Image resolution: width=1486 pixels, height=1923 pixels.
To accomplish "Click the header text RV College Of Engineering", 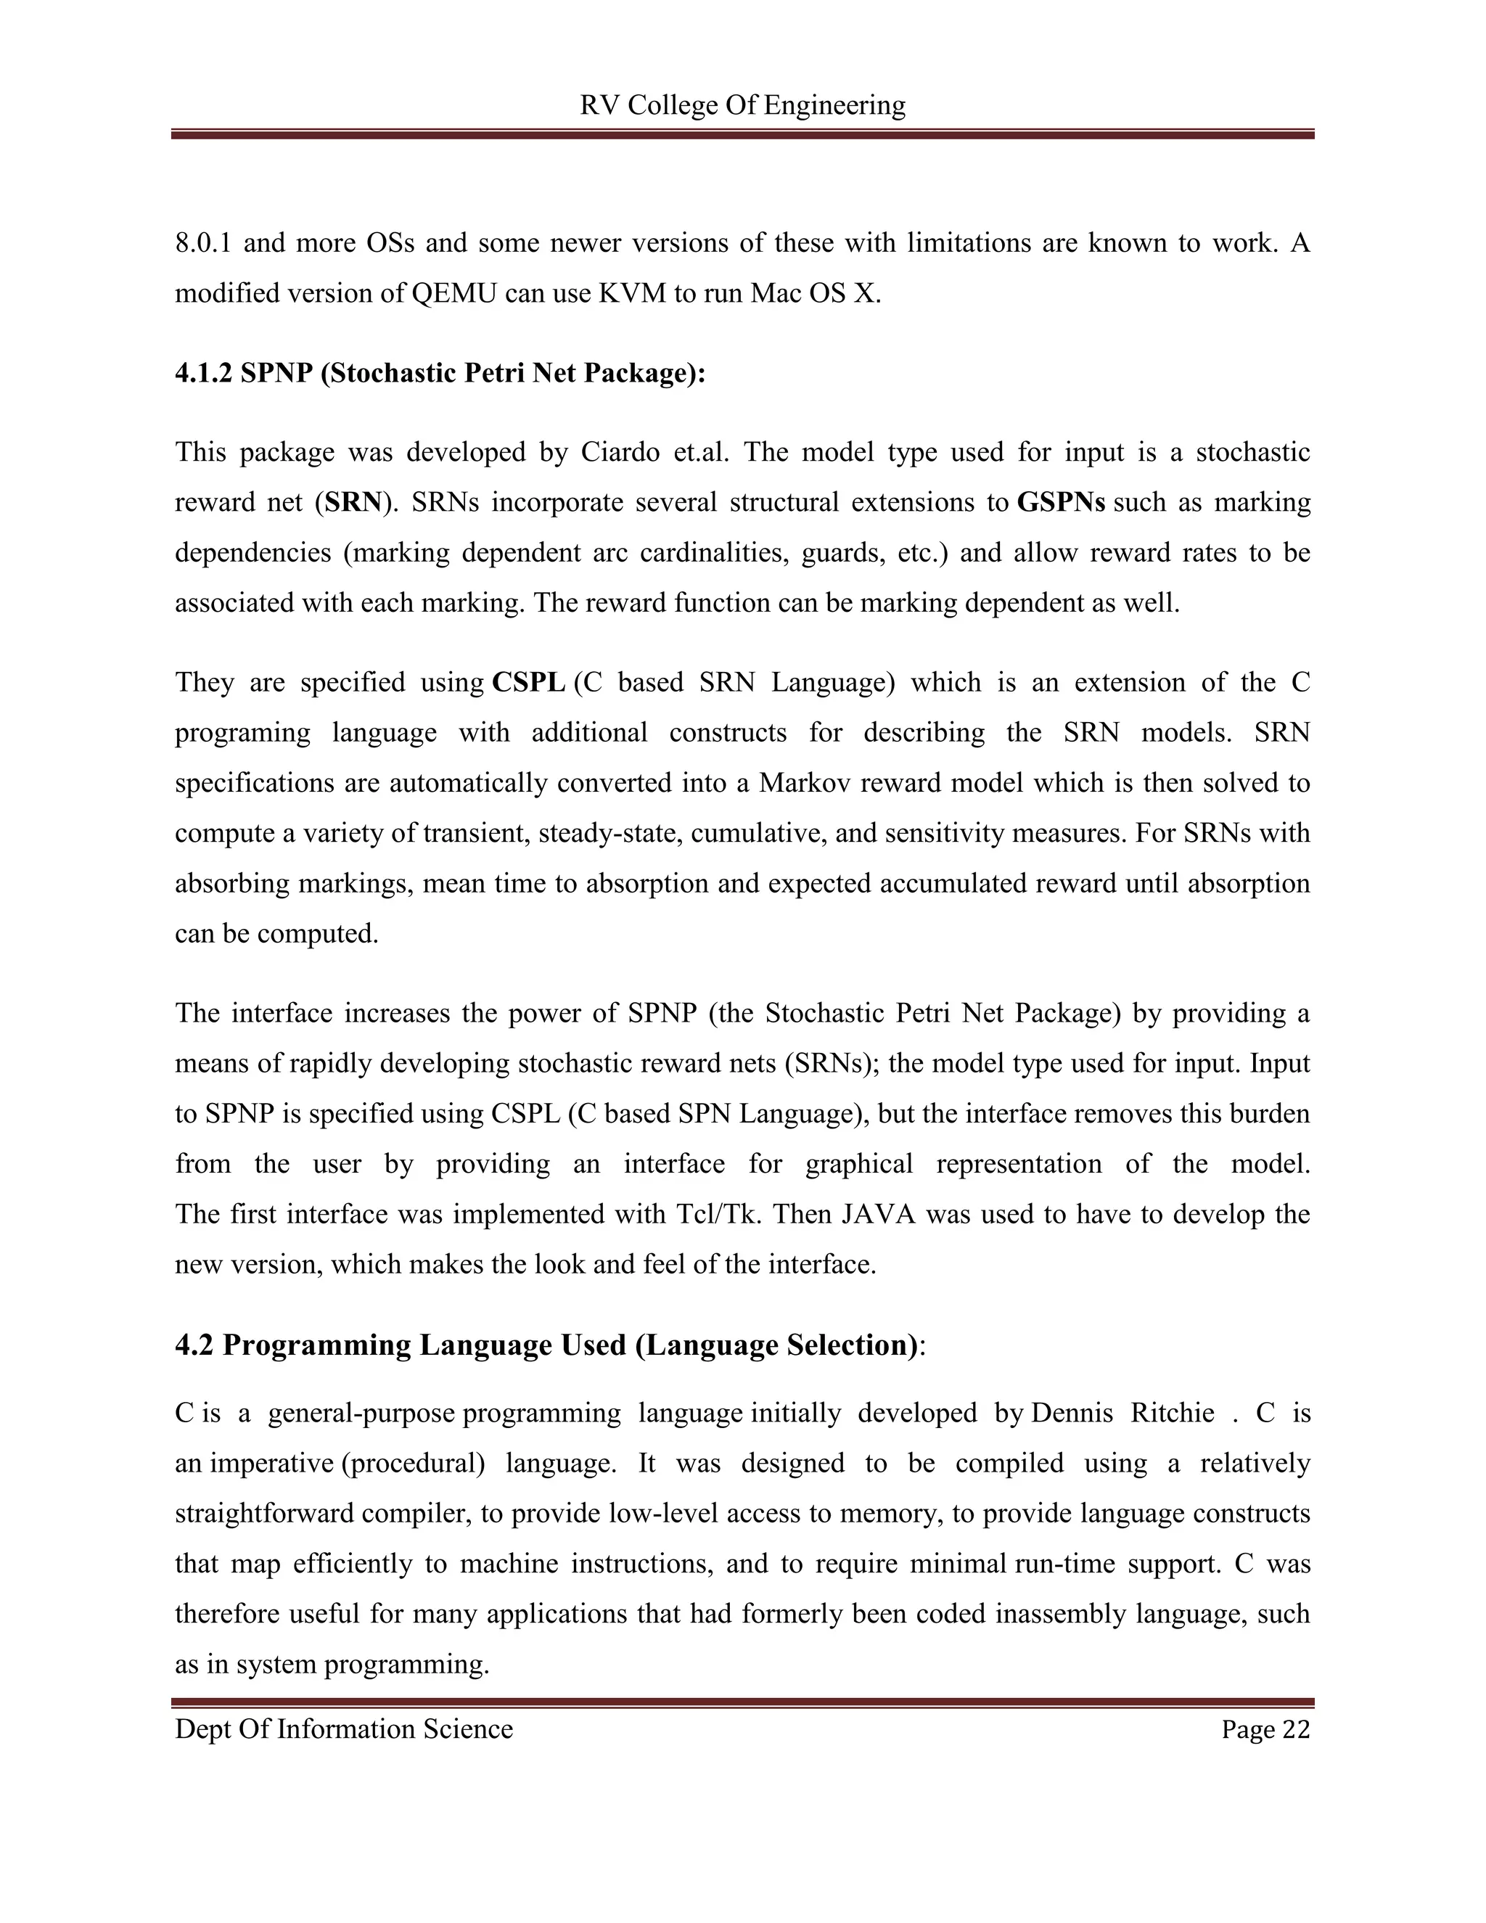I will pos(742,106).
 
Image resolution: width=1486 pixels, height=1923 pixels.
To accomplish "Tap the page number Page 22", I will pos(1265,1729).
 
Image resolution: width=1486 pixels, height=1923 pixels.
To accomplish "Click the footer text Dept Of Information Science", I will pos(343,1729).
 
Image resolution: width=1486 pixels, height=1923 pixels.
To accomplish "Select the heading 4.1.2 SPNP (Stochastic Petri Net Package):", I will pos(440,373).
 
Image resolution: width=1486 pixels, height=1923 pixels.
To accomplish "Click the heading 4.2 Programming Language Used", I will pos(549,1345).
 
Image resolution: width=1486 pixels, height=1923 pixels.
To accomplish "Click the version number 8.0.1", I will pos(202,243).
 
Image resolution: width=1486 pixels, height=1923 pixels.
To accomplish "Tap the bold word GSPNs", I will pos(1061,503).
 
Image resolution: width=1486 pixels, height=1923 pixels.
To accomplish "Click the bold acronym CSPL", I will pos(528,682).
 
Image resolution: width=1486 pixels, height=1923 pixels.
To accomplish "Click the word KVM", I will pos(632,293).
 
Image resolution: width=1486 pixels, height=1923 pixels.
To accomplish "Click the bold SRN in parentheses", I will pos(354,503).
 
